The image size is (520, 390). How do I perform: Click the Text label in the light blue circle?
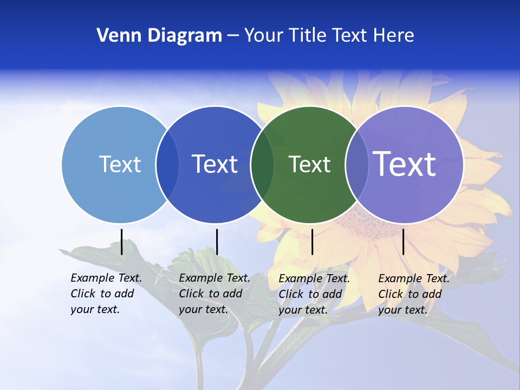click(120, 164)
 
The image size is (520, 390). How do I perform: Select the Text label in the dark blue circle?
click(215, 164)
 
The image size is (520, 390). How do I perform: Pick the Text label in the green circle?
click(309, 164)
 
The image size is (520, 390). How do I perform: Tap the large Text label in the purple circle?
click(405, 164)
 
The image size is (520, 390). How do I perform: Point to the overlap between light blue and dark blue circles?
click(167, 164)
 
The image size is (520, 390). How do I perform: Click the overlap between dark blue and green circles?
click(262, 164)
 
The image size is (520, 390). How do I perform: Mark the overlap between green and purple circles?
click(357, 164)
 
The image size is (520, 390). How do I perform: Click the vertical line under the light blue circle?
click(122, 242)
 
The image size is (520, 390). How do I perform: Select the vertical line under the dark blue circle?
click(217, 242)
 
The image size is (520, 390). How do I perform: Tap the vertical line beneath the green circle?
click(312, 242)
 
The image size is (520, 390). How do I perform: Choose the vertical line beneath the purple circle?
click(403, 242)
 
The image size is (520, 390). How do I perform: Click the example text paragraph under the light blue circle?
click(106, 294)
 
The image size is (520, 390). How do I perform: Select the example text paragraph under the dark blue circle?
click(214, 294)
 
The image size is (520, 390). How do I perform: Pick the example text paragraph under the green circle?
click(314, 294)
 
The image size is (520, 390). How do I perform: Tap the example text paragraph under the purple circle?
click(414, 294)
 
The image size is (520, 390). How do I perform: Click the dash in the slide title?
click(233, 36)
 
